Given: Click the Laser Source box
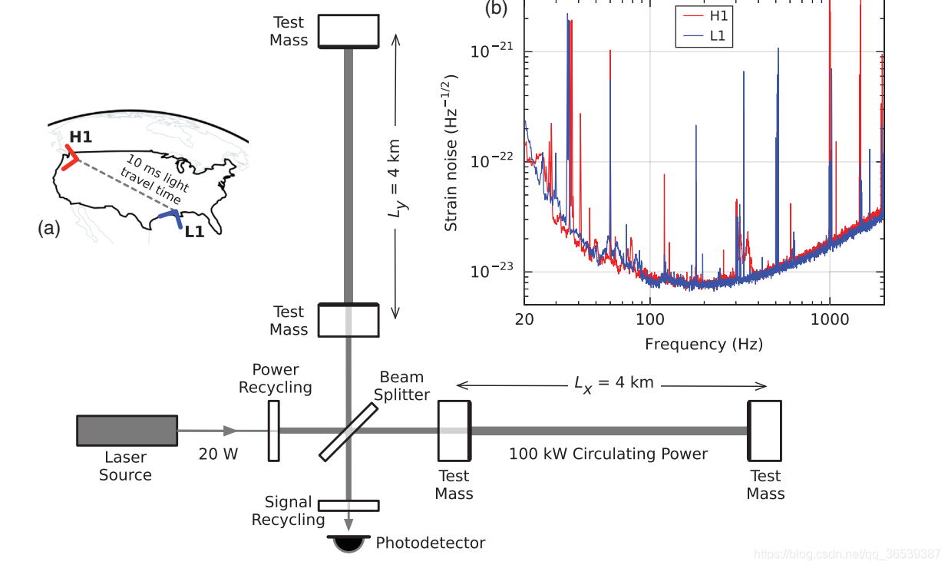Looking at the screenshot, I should click(127, 430).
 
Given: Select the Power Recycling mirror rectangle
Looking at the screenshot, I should click(273, 431).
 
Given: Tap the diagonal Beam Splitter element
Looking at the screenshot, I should click(348, 432).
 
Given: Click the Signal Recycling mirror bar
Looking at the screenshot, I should click(348, 505).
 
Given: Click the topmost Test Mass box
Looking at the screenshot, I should click(348, 31).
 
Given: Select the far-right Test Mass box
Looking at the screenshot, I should click(765, 430).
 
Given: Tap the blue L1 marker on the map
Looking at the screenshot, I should click(173, 218).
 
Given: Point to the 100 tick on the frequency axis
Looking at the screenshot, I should click(649, 319).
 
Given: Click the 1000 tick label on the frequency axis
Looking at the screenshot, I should click(829, 319).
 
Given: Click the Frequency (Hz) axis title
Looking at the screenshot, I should click(704, 344).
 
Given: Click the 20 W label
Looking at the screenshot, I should click(218, 454).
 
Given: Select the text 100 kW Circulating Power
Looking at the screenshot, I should click(608, 454).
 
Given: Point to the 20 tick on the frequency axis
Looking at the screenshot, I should click(524, 319).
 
